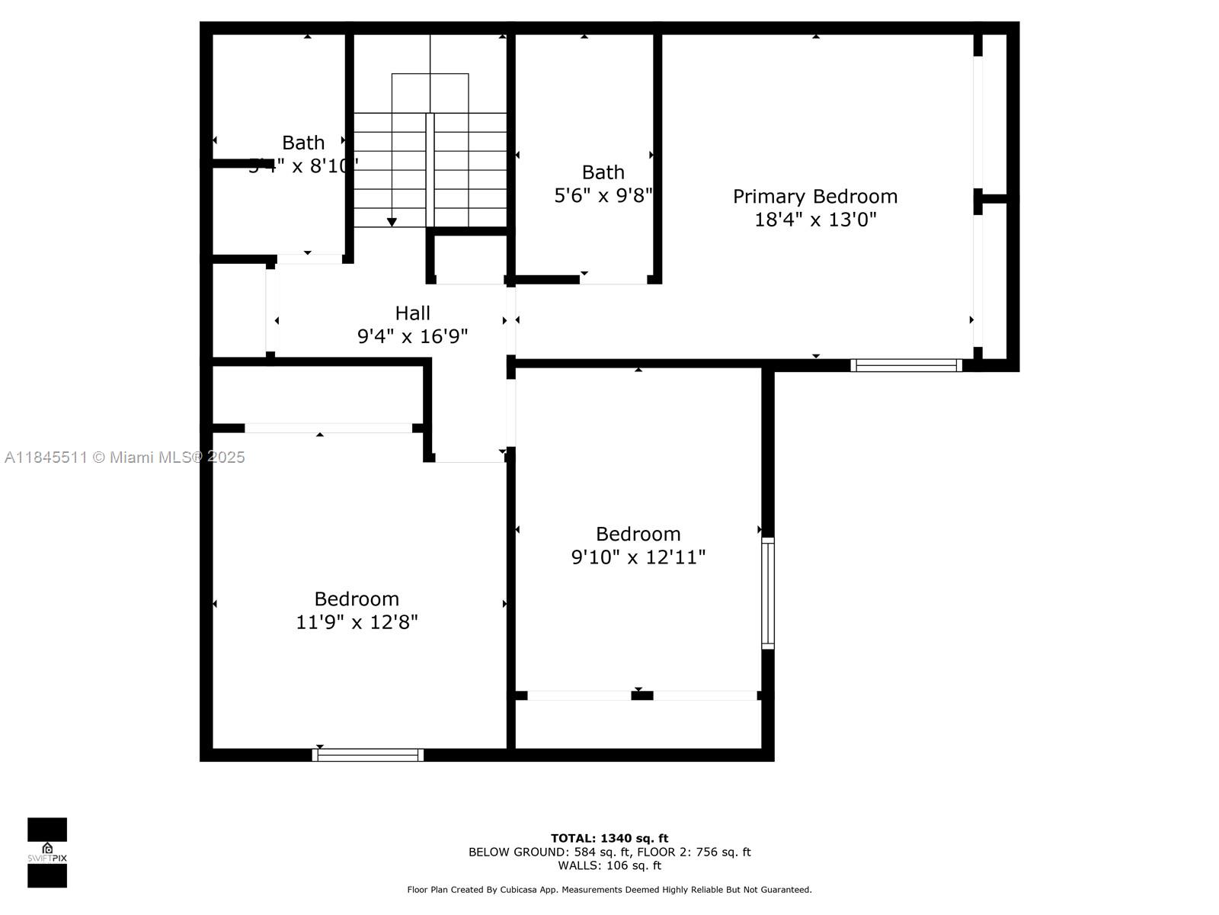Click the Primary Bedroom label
pyautogui.click(x=815, y=197)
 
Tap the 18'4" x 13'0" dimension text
pyautogui.click(x=815, y=220)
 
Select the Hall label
pyautogui.click(x=412, y=313)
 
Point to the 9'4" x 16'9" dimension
pyautogui.click(x=412, y=336)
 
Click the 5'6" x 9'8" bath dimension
pyautogui.click(x=603, y=196)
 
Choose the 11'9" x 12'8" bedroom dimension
pyautogui.click(x=357, y=622)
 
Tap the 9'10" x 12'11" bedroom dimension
pyautogui.click(x=638, y=557)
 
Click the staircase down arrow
pyautogui.click(x=392, y=221)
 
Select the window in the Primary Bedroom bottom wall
pyautogui.click(x=906, y=365)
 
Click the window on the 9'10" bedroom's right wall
pyautogui.click(x=768, y=593)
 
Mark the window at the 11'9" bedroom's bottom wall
pyautogui.click(x=368, y=755)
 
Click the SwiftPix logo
pyautogui.click(x=47, y=852)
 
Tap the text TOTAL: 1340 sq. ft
pyautogui.click(x=609, y=838)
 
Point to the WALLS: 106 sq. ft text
pyautogui.click(x=609, y=865)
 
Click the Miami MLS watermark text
pyautogui.click(x=124, y=457)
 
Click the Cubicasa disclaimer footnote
pyautogui.click(x=609, y=890)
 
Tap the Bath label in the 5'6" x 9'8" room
pyautogui.click(x=603, y=172)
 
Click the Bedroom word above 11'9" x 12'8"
pyautogui.click(x=357, y=599)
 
